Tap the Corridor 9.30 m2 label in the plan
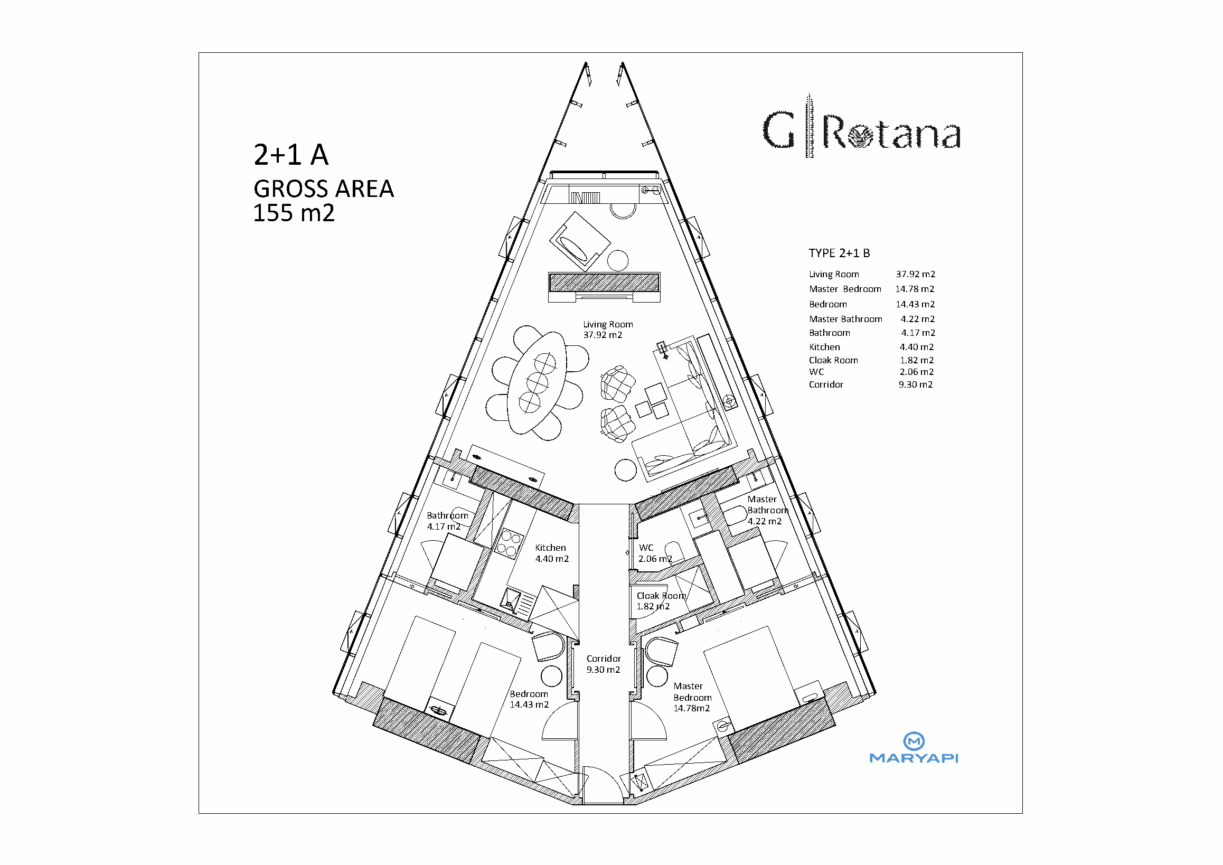coord(604,664)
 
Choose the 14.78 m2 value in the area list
coord(915,289)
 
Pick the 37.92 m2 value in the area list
coord(915,274)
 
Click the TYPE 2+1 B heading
coord(839,253)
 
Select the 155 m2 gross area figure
coord(294,213)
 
